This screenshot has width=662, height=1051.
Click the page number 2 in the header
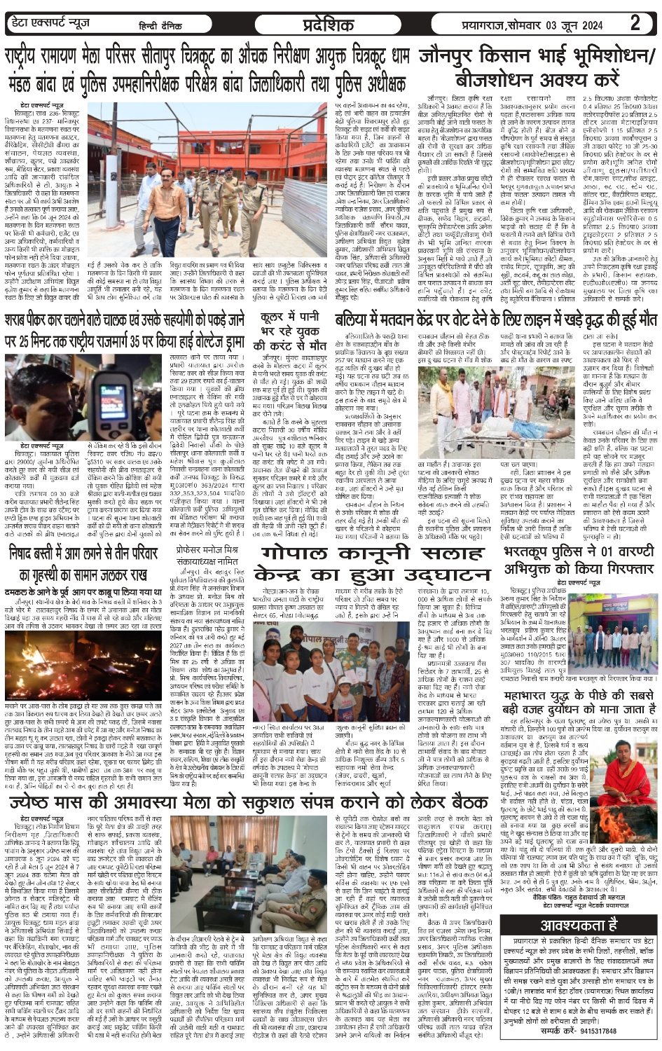635,23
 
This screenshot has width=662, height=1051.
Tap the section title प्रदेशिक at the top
329,24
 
